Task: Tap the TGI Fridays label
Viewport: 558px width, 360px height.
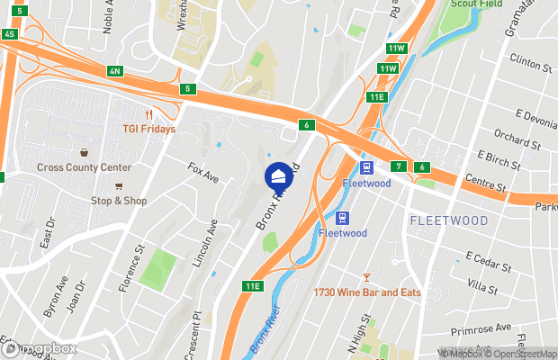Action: point(148,129)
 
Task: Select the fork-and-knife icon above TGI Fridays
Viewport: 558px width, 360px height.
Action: point(148,114)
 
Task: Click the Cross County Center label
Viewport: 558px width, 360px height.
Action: point(85,167)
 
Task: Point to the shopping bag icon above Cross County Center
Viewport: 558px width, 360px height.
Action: point(84,153)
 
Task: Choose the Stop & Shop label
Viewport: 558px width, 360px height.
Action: point(118,201)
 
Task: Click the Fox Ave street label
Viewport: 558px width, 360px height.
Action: point(203,173)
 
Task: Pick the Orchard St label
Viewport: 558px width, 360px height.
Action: point(517,142)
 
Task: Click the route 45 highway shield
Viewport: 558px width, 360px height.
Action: point(10,33)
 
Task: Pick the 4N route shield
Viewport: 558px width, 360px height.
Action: point(113,70)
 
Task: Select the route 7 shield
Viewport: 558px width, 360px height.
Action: point(398,166)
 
